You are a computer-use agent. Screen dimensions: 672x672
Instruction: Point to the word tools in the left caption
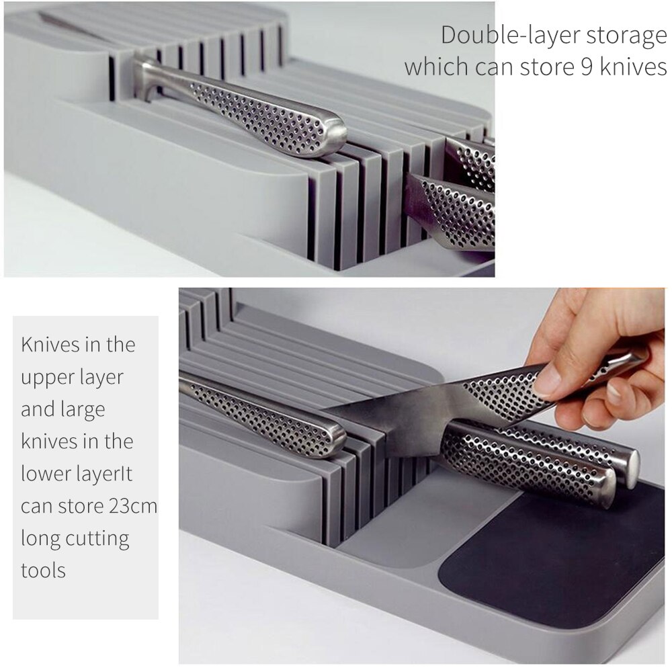43,571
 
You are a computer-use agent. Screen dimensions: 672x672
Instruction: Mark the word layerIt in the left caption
105,474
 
